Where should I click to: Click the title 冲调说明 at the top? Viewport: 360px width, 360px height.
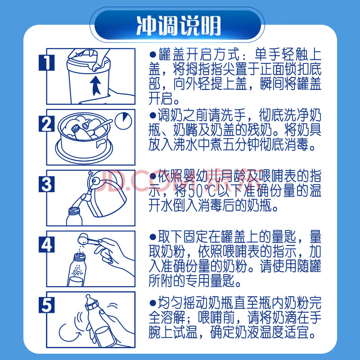click(179, 26)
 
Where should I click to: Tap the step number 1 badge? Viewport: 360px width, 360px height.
click(47, 63)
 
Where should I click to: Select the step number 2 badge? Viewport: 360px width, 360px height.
click(47, 124)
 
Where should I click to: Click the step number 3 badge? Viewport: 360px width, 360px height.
click(47, 184)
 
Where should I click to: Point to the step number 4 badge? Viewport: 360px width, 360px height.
click(47, 245)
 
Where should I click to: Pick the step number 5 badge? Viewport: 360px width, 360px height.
click(47, 305)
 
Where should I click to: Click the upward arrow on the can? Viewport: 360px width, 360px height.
click(95, 85)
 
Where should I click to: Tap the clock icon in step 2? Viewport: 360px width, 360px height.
click(123, 121)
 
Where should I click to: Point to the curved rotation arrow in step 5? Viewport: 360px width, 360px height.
click(68, 333)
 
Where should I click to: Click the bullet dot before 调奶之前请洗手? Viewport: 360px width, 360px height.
click(153, 115)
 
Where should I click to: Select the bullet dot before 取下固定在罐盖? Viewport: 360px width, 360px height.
click(153, 237)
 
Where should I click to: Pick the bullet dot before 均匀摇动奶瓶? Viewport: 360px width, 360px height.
click(153, 303)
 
